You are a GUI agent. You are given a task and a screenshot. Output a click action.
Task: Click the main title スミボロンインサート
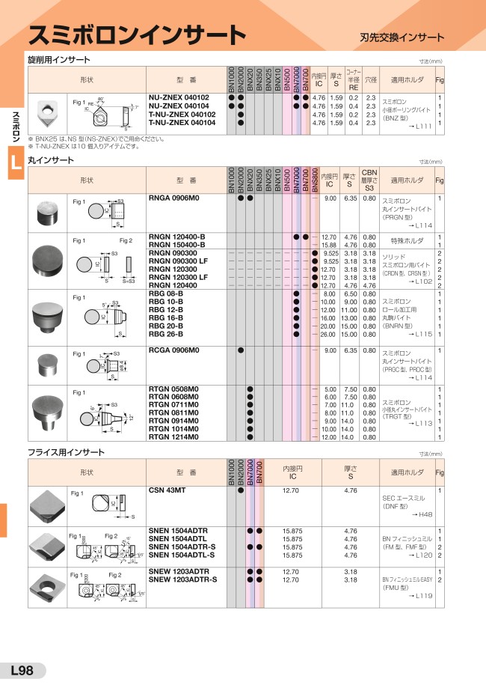pyautogui.click(x=137, y=34)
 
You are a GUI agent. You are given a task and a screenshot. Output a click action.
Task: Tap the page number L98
pyautogui.click(x=22, y=671)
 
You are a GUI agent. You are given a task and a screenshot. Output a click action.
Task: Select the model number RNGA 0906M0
pyautogui.click(x=174, y=198)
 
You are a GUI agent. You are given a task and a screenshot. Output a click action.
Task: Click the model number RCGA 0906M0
pyautogui.click(x=174, y=350)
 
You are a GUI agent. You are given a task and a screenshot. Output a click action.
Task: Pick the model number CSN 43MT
pyautogui.click(x=167, y=490)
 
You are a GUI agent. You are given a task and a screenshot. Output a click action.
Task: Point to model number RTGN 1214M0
pyautogui.click(x=174, y=436)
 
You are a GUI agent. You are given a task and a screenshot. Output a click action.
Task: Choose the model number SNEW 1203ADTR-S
pyautogui.click(x=183, y=579)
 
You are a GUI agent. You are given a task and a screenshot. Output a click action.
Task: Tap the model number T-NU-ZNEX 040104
pyautogui.click(x=182, y=122)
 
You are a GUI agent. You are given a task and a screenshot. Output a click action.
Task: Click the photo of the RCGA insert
pyautogui.click(x=49, y=365)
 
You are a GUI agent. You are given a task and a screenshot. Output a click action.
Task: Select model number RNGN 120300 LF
pyautogui.click(x=178, y=277)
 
